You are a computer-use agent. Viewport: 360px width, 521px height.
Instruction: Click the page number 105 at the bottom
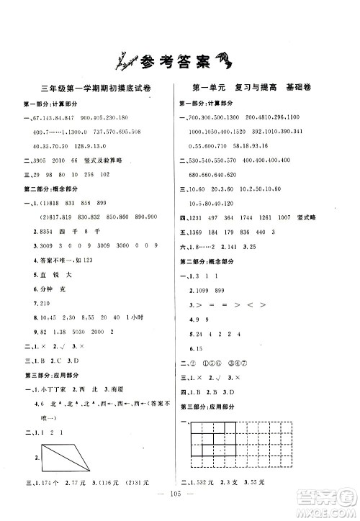tap(180, 502)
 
